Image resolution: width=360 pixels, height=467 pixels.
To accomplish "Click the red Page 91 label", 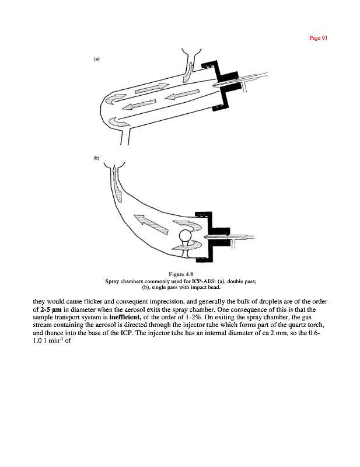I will [320, 38].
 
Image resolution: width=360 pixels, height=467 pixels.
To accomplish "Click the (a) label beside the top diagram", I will [96, 59].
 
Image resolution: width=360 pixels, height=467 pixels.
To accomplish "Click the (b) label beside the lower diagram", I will [96, 158].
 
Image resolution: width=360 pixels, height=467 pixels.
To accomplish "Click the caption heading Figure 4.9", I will [184, 274].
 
